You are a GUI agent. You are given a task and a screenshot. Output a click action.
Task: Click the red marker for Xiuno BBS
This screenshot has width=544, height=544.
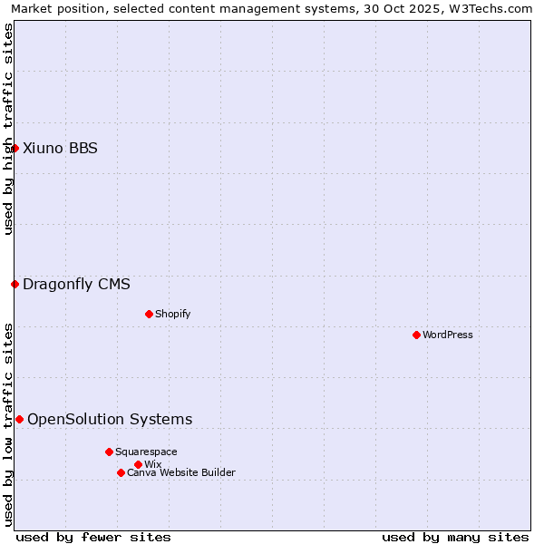[x=15, y=148]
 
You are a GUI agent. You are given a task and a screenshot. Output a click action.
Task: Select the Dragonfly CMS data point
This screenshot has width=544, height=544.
[x=15, y=284]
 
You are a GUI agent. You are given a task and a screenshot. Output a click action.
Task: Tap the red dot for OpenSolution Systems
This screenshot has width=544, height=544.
[x=19, y=419]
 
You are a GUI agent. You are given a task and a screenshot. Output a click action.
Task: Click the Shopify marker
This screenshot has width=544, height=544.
[x=149, y=314]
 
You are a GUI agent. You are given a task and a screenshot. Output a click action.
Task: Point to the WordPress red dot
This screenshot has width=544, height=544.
[x=416, y=335]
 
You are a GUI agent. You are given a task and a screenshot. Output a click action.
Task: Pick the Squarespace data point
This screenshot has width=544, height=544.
[x=109, y=452]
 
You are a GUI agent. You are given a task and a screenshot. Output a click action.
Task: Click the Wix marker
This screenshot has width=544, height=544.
[x=138, y=464]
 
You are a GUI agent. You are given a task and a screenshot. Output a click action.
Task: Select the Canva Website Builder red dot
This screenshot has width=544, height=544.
[x=121, y=472]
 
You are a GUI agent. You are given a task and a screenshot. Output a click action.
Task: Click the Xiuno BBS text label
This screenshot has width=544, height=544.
[x=60, y=149]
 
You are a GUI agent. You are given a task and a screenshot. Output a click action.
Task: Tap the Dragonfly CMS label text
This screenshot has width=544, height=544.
[x=76, y=285]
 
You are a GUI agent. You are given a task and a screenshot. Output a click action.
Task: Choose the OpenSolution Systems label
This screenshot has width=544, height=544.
[x=110, y=419]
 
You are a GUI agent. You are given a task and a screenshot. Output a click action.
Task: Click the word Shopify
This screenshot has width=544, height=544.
[x=172, y=315]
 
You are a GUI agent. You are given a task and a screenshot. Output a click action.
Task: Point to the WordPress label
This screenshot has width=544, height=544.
[x=448, y=335]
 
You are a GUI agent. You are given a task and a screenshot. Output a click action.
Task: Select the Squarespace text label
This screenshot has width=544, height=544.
[x=146, y=452]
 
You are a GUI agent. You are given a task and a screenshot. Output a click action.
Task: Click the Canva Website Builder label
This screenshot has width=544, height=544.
[x=181, y=473]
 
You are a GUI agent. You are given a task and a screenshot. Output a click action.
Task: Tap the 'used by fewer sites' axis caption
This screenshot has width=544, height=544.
[x=93, y=537]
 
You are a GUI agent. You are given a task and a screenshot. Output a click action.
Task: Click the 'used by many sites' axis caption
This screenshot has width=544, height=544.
[x=455, y=537]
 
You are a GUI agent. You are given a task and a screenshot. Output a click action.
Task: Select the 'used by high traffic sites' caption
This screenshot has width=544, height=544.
[x=8, y=129]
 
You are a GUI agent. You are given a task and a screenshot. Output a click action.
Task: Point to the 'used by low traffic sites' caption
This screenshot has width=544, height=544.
[x=8, y=424]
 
